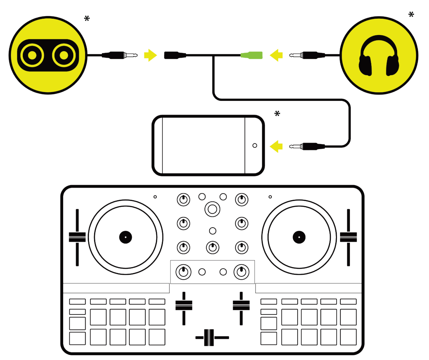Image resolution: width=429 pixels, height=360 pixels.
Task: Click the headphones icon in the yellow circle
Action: pos(379,56)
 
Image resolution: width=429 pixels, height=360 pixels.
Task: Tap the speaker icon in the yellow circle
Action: pos(48,55)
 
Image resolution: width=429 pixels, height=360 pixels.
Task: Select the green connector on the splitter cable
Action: pos(252,55)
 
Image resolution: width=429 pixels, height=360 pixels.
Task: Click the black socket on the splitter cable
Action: pos(175,55)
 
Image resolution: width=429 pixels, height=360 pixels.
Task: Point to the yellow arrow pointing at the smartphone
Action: pos(276,146)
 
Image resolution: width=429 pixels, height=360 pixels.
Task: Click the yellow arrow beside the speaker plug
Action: pos(150,55)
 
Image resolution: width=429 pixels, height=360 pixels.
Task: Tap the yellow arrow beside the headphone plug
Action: pos(276,55)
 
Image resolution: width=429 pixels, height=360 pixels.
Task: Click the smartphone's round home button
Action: pos(255,145)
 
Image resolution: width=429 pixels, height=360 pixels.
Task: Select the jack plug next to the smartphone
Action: pos(307,146)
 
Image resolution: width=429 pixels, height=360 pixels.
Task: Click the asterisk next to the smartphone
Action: pos(277,114)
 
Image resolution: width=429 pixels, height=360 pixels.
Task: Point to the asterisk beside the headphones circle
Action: pos(411,15)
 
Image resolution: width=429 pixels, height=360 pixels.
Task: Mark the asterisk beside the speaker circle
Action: pos(87,19)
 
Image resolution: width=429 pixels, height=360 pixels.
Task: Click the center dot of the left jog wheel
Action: pos(125,237)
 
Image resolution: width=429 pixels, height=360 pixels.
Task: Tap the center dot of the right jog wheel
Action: pos(299,237)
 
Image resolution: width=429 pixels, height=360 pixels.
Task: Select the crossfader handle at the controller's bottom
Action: pos(209,338)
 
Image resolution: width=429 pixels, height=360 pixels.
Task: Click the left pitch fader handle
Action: pos(77,237)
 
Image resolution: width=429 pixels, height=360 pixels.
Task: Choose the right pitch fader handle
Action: pos(348,237)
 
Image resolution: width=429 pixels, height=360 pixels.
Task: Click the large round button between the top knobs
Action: pos(212,209)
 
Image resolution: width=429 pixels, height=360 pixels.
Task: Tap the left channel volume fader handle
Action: pos(184,305)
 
